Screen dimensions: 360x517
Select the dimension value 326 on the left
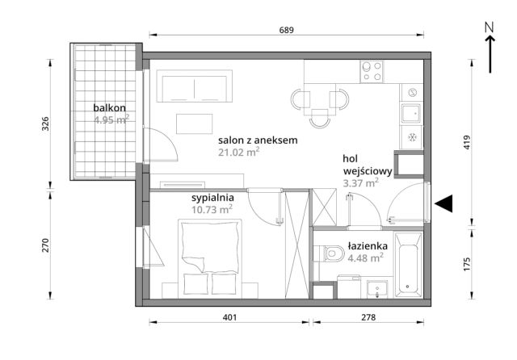pyautogui.click(x=46, y=123)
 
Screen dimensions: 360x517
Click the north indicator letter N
pyautogui.click(x=489, y=27)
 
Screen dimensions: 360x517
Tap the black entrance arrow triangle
pyautogui.click(x=443, y=204)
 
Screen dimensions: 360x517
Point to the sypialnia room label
pyautogui.click(x=212, y=196)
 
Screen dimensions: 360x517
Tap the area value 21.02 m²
pyautogui.click(x=237, y=151)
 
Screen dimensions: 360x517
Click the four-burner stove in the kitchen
pyautogui.click(x=372, y=72)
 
